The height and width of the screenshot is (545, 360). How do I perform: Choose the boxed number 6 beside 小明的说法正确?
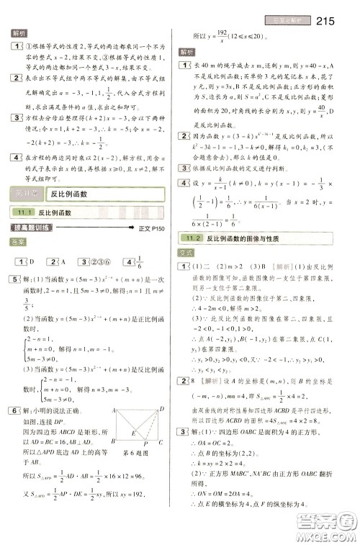[15, 410]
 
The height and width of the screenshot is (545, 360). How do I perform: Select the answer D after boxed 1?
[32, 261]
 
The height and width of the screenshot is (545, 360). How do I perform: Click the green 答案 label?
[19, 243]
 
